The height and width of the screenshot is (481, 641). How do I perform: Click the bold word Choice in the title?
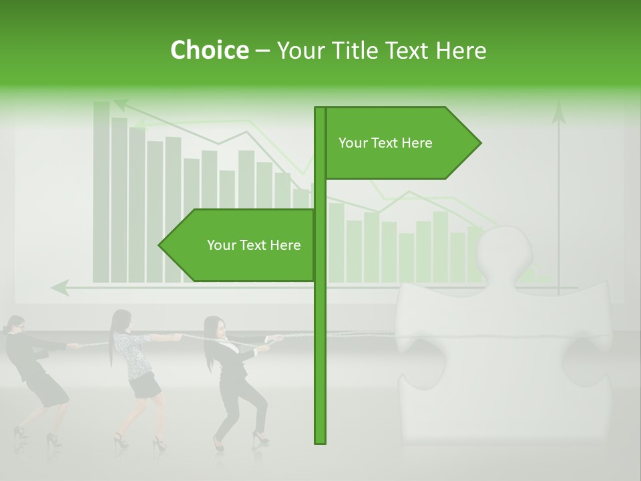(209, 50)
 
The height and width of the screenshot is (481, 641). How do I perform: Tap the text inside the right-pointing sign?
(385, 143)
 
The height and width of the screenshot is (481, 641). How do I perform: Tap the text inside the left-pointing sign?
(254, 245)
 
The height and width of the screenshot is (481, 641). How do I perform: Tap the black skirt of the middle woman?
(145, 385)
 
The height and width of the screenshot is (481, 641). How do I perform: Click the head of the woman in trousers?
(214, 327)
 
